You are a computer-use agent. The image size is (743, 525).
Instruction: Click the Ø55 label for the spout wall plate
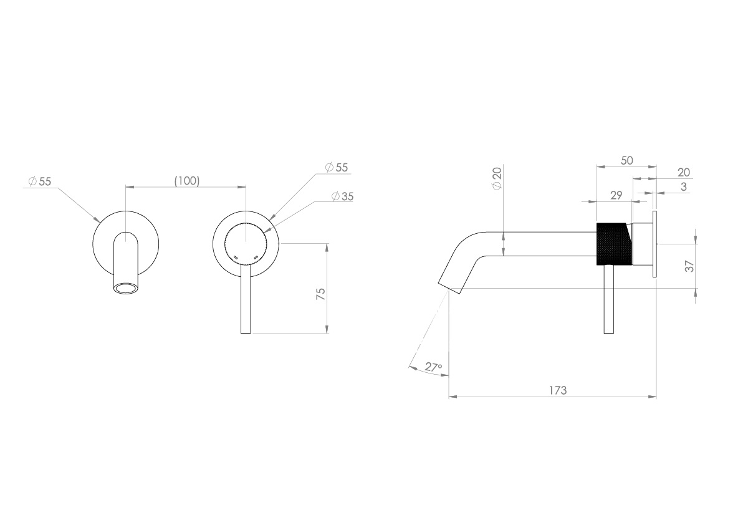pos(39,181)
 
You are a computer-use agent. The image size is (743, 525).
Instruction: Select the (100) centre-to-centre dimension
pos(186,181)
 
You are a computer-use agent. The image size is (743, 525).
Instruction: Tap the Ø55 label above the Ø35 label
pos(337,167)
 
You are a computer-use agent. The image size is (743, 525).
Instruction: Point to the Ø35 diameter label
pos(342,196)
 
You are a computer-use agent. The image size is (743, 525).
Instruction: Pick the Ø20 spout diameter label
pos(497,179)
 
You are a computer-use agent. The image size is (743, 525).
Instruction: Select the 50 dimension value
pos(626,160)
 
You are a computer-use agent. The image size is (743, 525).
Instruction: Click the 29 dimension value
pos(616,195)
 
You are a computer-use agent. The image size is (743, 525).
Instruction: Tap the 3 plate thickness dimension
pos(684,186)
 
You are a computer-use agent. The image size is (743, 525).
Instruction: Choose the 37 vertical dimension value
pos(689,266)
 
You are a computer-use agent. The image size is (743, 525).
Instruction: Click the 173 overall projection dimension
pos(557,390)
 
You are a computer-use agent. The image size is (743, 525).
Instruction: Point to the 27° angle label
pos(433,367)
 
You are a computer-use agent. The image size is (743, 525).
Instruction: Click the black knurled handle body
pos(613,243)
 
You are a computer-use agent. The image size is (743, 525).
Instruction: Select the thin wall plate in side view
pos(654,244)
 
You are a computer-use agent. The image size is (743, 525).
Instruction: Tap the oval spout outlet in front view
pos(127,287)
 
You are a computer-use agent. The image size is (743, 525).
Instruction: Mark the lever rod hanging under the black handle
pos(610,299)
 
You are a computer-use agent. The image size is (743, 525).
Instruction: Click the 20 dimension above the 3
pos(684,173)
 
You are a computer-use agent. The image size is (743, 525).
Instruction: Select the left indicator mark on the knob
pos(235,256)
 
